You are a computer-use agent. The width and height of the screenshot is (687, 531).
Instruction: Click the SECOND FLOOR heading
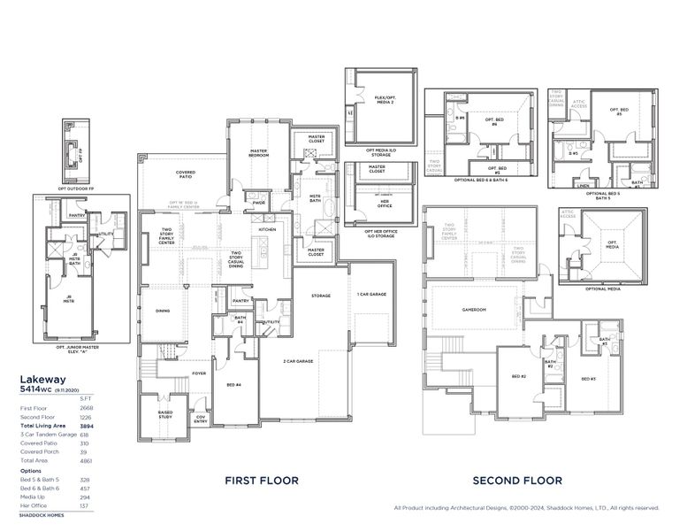517,481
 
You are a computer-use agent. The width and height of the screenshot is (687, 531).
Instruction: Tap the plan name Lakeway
41,376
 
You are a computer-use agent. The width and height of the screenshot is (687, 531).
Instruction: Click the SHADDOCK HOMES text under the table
42,514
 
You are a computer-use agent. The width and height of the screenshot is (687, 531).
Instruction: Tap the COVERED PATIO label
185,175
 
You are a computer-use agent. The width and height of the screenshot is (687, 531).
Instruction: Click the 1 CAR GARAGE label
371,294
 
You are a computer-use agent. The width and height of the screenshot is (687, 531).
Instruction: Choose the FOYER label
200,373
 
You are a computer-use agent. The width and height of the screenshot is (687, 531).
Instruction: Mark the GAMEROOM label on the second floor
475,310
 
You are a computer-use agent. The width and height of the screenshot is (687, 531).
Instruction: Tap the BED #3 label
588,379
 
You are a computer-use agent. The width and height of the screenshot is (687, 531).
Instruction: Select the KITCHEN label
268,229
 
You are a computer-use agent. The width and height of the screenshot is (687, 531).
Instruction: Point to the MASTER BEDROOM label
258,152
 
